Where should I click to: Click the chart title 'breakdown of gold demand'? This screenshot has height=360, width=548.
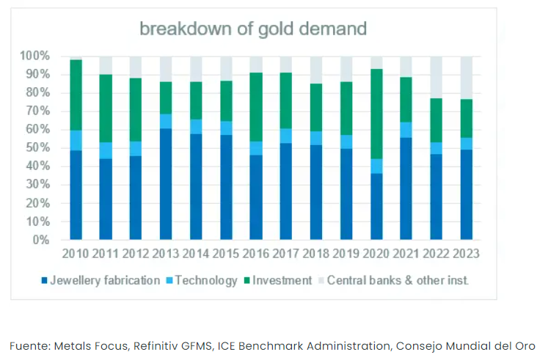coord(253,29)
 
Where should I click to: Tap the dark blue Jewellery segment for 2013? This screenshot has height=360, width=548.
coord(166,184)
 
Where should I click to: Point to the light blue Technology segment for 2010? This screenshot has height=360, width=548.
coord(76,140)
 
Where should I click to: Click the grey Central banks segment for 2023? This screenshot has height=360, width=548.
coord(466,78)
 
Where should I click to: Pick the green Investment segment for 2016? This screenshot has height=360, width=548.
coord(256,107)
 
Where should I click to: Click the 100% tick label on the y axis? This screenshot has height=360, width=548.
coord(34,56)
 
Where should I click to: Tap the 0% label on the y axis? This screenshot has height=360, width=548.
coord(40,240)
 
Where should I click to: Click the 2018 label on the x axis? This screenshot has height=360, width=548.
coord(315,254)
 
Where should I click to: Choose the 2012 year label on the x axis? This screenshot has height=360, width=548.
coord(135,254)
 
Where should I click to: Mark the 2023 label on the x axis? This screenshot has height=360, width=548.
coord(466,254)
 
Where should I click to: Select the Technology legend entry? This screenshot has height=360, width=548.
coord(205,280)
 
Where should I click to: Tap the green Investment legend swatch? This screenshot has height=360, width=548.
coord(246,280)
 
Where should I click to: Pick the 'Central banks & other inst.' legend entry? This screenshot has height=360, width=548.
coord(397,280)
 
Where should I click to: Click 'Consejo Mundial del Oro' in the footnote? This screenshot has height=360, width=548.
coord(469,345)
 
